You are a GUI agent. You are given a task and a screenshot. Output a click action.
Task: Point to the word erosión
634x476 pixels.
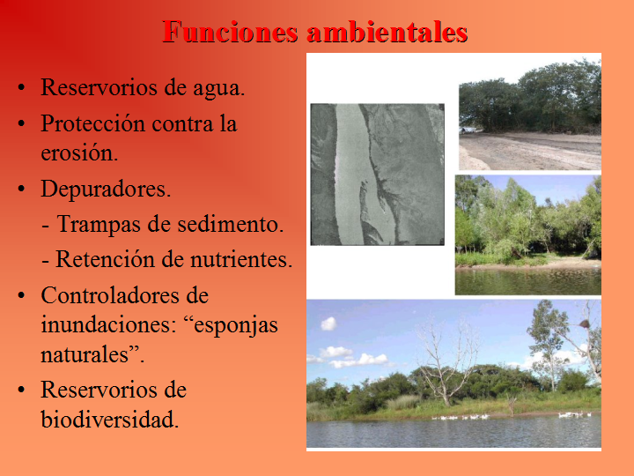point(78,152)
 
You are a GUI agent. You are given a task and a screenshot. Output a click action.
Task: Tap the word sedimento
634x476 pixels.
point(230,225)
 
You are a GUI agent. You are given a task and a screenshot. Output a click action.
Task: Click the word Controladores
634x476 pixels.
point(124,295)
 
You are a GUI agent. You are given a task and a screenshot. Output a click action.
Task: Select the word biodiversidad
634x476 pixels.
point(109,420)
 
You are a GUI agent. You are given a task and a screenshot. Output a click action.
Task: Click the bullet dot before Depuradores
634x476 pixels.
point(21,190)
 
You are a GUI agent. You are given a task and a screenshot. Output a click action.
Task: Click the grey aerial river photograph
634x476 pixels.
point(377,174)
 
